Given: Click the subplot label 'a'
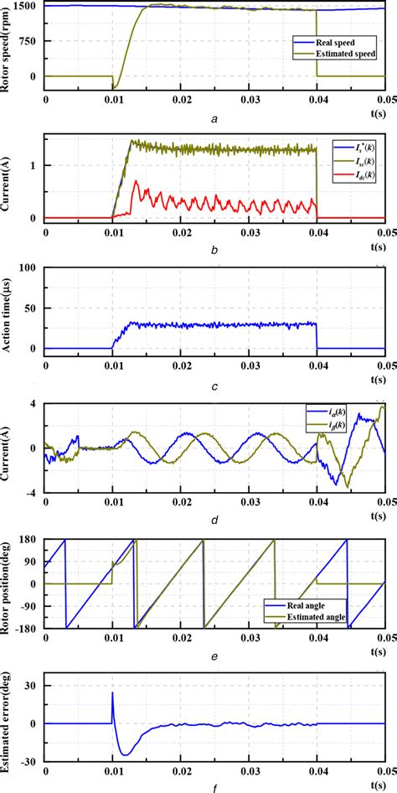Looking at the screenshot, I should point(215,118).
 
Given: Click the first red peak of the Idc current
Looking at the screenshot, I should point(136,184).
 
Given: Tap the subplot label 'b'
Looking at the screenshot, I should point(215,250).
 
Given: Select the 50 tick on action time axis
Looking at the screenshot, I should point(29,308).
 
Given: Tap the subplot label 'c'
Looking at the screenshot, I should point(215,385).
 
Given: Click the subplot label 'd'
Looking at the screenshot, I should point(215,520).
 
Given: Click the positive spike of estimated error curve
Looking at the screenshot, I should point(113,694).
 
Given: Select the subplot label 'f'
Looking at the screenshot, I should point(215,786).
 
